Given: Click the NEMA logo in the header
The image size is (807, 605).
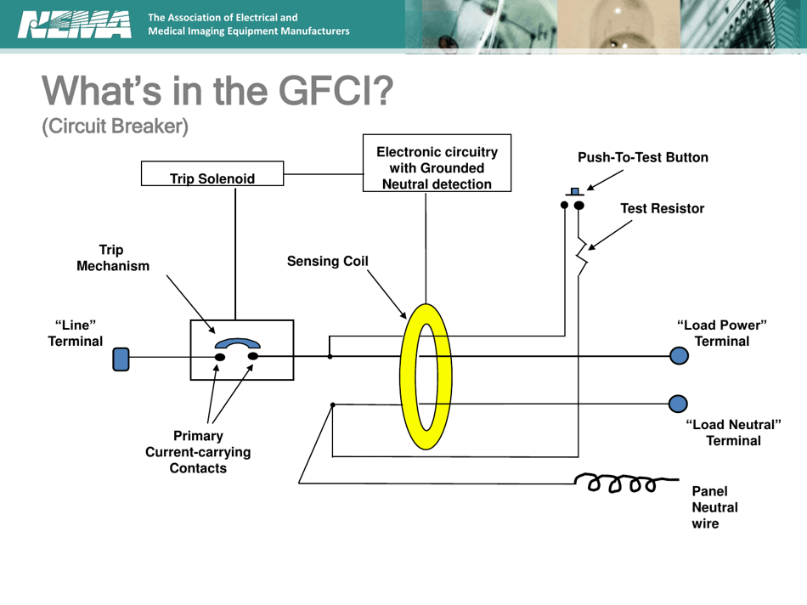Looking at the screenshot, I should [x=75, y=25].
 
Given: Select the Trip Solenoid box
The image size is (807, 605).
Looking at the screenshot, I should [x=212, y=174].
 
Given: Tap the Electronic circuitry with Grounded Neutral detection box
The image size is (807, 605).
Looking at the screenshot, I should [x=437, y=162].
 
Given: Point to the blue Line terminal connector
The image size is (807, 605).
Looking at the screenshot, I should [x=121, y=359].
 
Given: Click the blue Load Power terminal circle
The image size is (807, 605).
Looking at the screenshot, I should [x=679, y=356].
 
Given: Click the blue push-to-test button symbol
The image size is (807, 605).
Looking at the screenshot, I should [x=574, y=191].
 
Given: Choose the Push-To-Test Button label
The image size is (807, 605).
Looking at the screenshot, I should [x=642, y=158].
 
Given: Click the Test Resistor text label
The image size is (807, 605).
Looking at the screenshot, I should [x=662, y=208].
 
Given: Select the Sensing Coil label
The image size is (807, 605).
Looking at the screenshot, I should [x=327, y=261].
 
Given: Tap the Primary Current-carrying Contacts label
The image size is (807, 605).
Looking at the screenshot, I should [x=198, y=452].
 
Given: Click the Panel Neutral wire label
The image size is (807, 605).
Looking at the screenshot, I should [x=714, y=507].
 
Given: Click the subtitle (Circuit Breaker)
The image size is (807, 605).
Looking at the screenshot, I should [x=115, y=127].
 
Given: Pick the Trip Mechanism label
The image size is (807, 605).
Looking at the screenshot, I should [x=112, y=257].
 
